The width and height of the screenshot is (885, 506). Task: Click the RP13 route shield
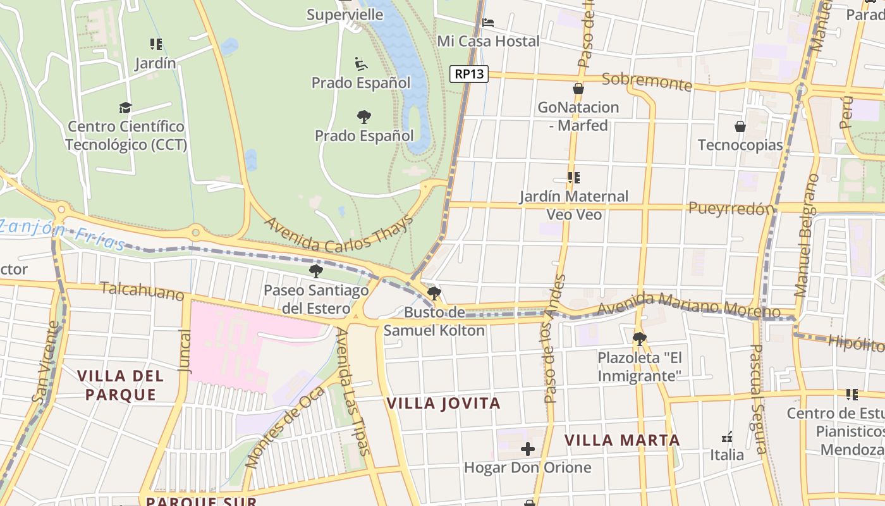pos(469,74)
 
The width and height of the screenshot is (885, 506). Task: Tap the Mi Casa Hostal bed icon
pos(488,23)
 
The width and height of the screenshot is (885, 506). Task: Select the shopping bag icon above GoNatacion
pos(578,89)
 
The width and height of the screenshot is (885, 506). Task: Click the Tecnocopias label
pos(740,145)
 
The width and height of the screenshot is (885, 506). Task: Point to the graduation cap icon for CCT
pos(125,108)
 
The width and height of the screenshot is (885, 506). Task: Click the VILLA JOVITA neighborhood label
pos(443,403)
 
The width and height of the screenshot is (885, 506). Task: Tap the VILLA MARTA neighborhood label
pos(622,440)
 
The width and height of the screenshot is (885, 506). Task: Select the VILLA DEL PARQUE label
pos(120,385)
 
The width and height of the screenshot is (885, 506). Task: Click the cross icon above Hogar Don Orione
pos(528,450)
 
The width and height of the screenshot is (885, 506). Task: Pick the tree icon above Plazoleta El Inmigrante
pos(640,338)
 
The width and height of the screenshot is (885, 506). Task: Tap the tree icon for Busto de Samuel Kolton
pos(434,293)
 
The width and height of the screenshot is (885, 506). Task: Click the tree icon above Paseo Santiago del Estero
pos(315,271)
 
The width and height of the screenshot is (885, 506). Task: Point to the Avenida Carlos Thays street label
pos(338,235)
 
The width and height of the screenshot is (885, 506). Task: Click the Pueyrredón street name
pos(731,208)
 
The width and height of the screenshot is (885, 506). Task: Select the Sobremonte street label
pos(647,81)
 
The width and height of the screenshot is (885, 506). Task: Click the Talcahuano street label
pos(142,292)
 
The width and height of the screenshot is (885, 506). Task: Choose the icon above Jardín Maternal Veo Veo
pos(573,178)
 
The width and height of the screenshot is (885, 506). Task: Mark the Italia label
pos(727,454)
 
